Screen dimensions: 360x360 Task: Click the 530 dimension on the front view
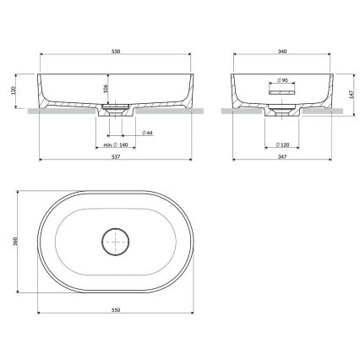(115, 52)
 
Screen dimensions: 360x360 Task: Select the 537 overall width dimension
(115, 155)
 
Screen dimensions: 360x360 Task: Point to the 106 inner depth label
(105, 90)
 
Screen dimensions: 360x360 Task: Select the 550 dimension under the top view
(115, 310)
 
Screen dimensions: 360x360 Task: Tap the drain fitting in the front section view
(115, 108)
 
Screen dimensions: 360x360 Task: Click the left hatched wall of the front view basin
(44, 98)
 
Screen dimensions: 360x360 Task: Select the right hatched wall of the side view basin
(323, 97)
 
